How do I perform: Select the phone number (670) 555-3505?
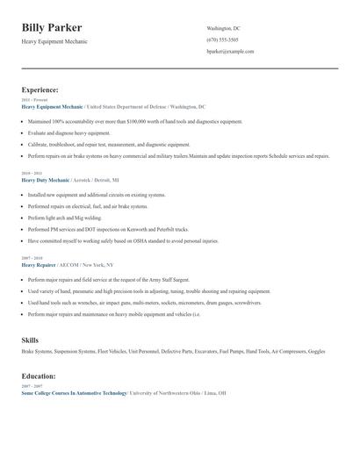click(x=222, y=40)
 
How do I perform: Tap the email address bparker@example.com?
click(x=230, y=52)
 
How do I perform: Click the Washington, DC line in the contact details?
click(x=223, y=29)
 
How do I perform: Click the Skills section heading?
click(x=30, y=339)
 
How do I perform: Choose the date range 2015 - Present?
click(x=34, y=100)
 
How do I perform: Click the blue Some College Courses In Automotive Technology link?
click(x=75, y=393)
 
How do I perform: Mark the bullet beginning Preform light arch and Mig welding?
click(x=65, y=218)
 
